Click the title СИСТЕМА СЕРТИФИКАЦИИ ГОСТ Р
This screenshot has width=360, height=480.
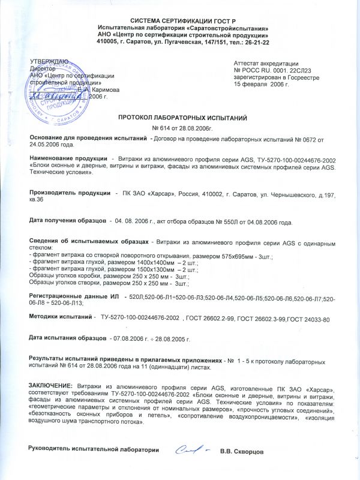click(x=179, y=20)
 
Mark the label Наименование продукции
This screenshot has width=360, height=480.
click(x=65, y=158)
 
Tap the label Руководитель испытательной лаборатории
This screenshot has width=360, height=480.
click(x=90, y=450)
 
